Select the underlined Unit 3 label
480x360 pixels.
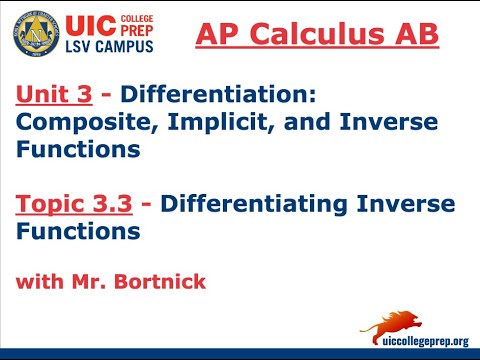click(54, 95)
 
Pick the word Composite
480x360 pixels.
click(76, 122)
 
